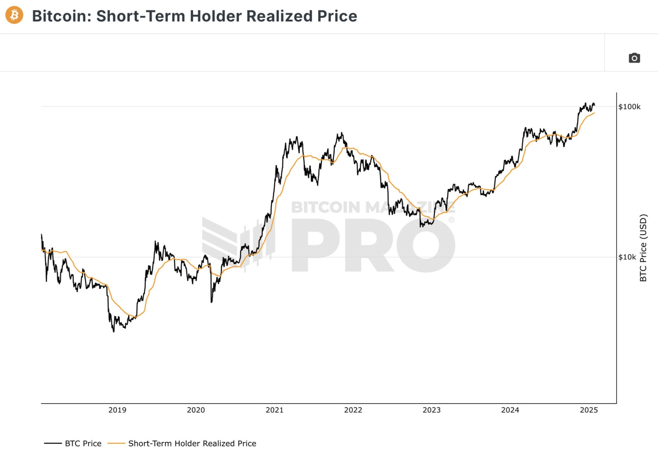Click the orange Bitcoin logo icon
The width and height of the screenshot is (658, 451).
(14, 15)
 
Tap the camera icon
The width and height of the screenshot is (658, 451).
(634, 58)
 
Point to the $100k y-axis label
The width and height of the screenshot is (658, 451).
(629, 107)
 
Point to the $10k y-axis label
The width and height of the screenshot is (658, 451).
(627, 257)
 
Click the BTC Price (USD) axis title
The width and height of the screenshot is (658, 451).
(643, 248)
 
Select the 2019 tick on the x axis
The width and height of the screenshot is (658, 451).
(117, 410)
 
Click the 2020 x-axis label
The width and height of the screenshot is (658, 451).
(196, 410)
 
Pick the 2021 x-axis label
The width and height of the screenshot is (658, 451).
(275, 410)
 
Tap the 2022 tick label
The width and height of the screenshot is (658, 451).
(353, 410)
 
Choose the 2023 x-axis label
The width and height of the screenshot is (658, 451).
(431, 410)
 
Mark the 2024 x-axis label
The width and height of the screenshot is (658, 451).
(510, 410)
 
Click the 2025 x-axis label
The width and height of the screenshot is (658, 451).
(589, 410)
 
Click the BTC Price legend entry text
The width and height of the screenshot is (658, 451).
(83, 443)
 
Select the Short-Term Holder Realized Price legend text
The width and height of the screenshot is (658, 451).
(192, 443)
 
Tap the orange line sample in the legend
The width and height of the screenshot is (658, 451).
(116, 443)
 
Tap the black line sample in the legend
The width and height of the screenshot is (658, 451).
(53, 443)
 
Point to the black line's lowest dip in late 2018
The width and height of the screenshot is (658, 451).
(113, 331)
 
